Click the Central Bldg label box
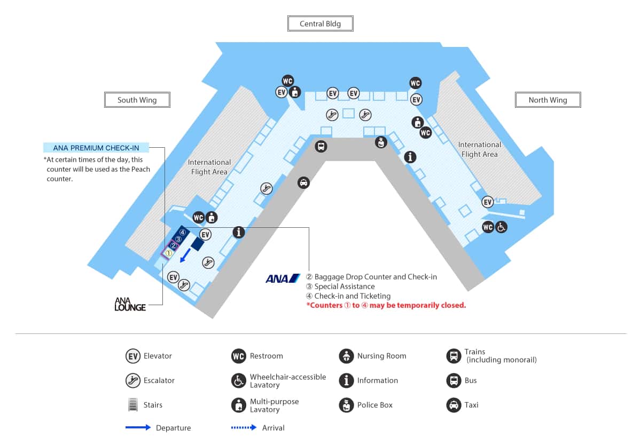(x=320, y=23)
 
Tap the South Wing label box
(x=137, y=100)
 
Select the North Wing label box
(x=548, y=100)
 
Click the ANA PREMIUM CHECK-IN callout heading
(x=96, y=148)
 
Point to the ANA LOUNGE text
(x=130, y=304)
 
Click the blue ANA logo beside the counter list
(x=283, y=278)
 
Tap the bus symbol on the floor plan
(x=320, y=146)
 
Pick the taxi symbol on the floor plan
(x=303, y=182)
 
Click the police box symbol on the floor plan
(x=380, y=142)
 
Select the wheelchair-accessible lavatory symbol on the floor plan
(x=501, y=227)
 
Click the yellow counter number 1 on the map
(x=168, y=253)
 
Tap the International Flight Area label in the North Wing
(x=479, y=149)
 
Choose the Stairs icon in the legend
(x=133, y=405)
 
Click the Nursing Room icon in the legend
(x=347, y=356)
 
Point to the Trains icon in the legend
(x=454, y=356)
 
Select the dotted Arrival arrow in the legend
(x=244, y=428)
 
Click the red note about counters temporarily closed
(x=386, y=306)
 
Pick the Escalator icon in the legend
(x=133, y=380)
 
